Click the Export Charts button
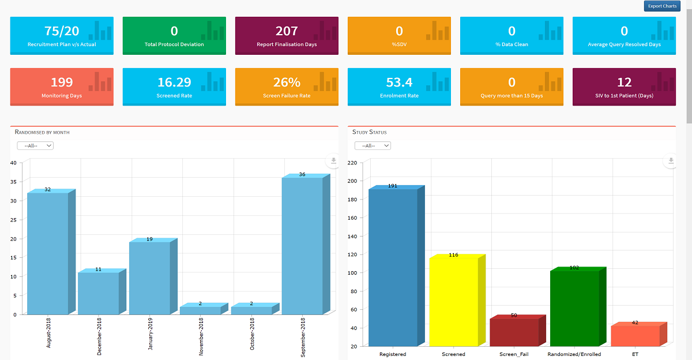662,6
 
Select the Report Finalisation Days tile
287,36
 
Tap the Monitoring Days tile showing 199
62,87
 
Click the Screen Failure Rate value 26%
287,82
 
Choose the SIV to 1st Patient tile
624,87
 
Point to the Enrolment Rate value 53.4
399,82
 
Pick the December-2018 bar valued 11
98,293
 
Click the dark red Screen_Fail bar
514,332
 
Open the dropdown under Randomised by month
35,145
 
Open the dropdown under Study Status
373,145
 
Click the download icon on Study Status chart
671,161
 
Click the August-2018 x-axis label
48,332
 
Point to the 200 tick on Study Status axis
352,181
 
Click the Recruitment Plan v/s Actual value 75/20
62,31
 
